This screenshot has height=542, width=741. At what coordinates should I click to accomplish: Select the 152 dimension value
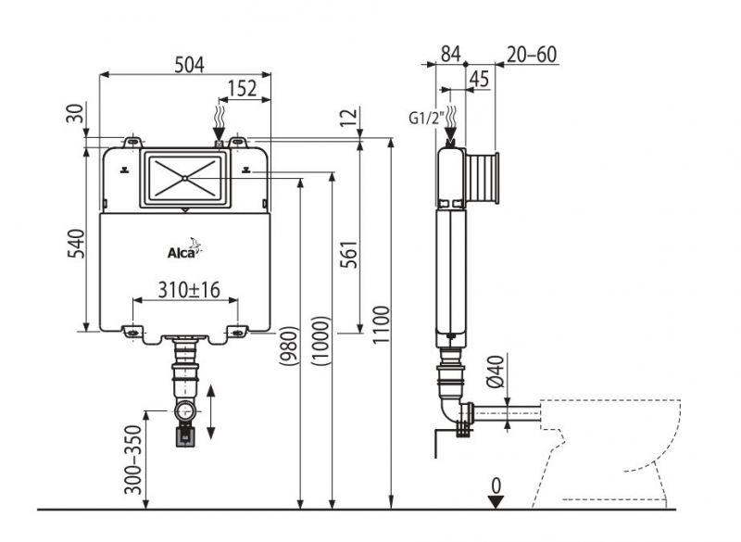pos(243,89)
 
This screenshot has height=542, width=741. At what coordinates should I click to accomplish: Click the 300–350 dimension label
pos(136,460)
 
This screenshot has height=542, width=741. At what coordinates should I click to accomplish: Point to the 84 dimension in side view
pos(450,54)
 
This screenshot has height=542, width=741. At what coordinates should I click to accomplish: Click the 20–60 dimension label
pos(533,54)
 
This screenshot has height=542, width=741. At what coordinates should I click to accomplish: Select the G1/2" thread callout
pos(427,118)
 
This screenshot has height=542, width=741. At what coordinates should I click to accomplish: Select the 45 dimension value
pos(480,79)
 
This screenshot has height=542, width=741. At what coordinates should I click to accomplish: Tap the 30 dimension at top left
pos(77,112)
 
